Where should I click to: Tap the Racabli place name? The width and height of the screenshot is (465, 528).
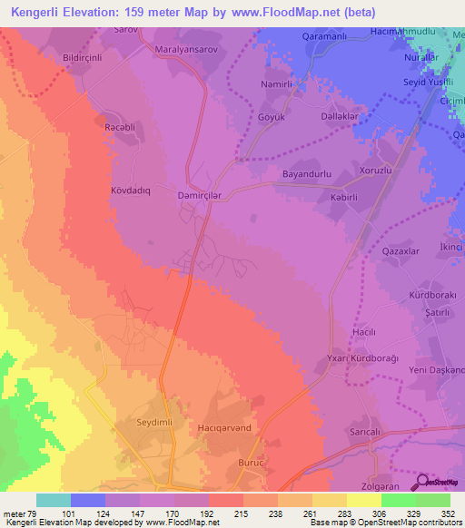(x=119, y=127)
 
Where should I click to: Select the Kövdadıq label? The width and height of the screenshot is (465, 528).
(x=136, y=191)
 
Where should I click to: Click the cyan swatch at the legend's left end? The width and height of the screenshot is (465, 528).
(x=54, y=500)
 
